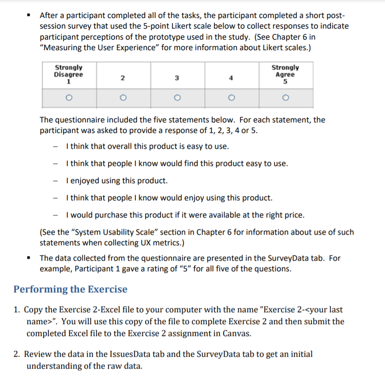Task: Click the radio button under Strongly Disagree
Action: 69,98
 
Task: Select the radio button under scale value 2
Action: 123,98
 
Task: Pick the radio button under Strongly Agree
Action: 285,98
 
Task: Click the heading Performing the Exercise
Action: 70,289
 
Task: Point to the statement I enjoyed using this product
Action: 116,181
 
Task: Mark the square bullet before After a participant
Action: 29,15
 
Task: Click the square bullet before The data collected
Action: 29,258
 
